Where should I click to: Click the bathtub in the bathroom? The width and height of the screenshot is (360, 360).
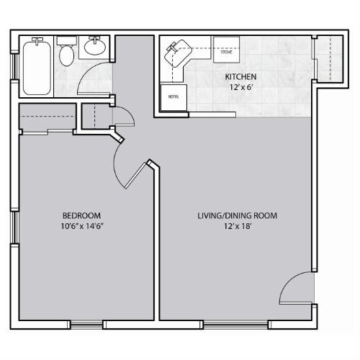37,68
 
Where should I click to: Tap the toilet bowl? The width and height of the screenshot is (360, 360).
66,55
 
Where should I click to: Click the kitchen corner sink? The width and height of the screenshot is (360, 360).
178,53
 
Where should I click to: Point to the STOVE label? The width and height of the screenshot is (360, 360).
226,52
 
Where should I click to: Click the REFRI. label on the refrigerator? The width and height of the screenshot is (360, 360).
174,97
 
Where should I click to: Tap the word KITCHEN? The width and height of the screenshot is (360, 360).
240,77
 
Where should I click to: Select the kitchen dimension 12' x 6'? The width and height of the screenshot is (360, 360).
241,87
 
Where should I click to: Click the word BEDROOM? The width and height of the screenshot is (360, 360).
81,215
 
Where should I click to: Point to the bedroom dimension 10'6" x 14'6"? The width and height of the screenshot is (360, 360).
82,226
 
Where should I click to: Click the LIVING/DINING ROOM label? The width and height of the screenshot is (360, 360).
238,215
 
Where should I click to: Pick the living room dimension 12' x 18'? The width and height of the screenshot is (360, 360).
238,226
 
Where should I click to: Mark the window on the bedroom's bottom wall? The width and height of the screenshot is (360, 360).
86,325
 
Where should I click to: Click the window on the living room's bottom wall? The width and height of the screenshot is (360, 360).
235,325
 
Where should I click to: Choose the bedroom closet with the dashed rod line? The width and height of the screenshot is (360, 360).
48,117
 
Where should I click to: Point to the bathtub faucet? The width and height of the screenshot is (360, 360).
37,40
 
